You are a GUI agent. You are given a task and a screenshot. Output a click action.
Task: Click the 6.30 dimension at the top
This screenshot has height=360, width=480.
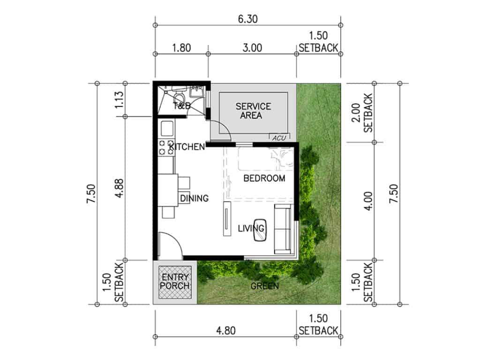click(x=248, y=19)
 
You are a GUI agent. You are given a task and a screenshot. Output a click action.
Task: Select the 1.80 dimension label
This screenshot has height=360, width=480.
click(x=181, y=47)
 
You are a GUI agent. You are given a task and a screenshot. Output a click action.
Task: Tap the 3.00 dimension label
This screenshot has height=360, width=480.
click(x=252, y=47)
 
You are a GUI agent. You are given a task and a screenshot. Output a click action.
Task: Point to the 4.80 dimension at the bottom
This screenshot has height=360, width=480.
click(x=225, y=330)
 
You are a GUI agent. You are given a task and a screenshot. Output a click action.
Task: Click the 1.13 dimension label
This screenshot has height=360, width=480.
click(x=119, y=100)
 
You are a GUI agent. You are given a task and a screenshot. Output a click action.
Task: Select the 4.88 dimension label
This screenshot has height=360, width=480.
click(x=119, y=187)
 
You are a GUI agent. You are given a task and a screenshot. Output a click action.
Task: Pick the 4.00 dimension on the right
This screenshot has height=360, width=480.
click(x=369, y=201)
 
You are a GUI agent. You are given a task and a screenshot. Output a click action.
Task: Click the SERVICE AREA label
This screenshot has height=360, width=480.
click(x=253, y=111)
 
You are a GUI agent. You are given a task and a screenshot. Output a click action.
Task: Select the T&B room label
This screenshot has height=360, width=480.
click(x=182, y=105)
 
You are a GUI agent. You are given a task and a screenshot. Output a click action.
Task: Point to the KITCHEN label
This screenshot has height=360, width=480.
click(x=187, y=147)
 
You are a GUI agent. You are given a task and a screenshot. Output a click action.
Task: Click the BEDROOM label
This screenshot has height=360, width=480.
click(x=264, y=178)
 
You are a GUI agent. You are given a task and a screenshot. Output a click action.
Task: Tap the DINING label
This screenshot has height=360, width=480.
click(x=194, y=198)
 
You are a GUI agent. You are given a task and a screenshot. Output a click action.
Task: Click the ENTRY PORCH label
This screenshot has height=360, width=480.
click(x=174, y=281)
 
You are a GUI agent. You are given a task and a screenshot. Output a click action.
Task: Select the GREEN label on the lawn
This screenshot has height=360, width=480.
click(x=265, y=285)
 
